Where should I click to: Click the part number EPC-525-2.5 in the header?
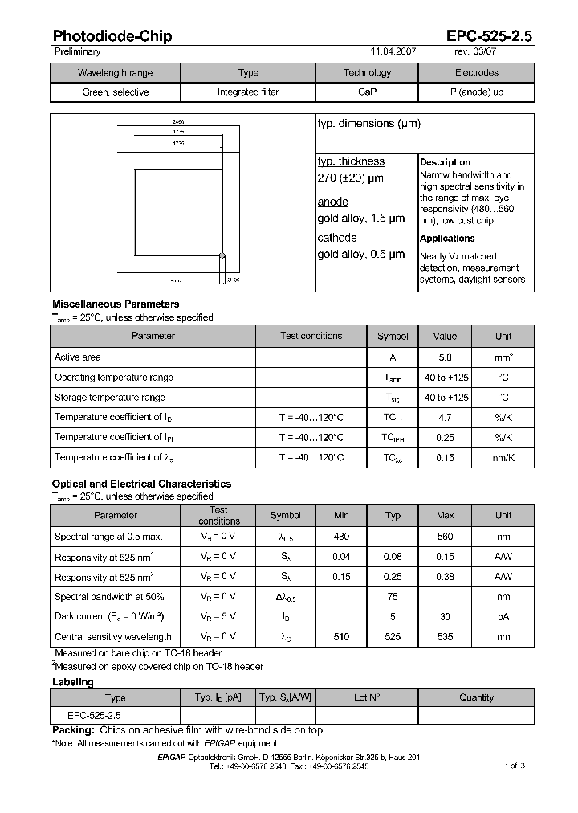click(x=489, y=36)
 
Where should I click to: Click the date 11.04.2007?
click(x=393, y=51)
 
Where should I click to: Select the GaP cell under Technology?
click(x=367, y=92)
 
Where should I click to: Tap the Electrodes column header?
click(x=476, y=72)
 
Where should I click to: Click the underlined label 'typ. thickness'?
click(x=351, y=161)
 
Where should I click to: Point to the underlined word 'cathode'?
click(x=336, y=238)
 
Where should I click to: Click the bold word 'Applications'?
click(x=447, y=239)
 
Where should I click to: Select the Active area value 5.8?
click(x=444, y=357)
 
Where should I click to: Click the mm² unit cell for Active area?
click(x=503, y=357)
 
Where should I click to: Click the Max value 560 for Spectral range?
click(x=445, y=537)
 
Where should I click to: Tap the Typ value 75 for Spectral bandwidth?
click(x=393, y=597)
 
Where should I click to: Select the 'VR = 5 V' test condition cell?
click(x=218, y=617)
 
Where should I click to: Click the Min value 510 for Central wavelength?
click(x=341, y=637)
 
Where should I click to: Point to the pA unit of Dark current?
click(x=503, y=617)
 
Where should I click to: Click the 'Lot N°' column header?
click(x=367, y=697)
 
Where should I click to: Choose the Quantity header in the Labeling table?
click(x=476, y=697)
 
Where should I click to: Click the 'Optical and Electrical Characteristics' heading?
click(x=141, y=484)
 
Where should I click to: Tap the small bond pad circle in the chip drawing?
click(x=222, y=256)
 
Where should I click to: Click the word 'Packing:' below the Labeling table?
click(x=74, y=730)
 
